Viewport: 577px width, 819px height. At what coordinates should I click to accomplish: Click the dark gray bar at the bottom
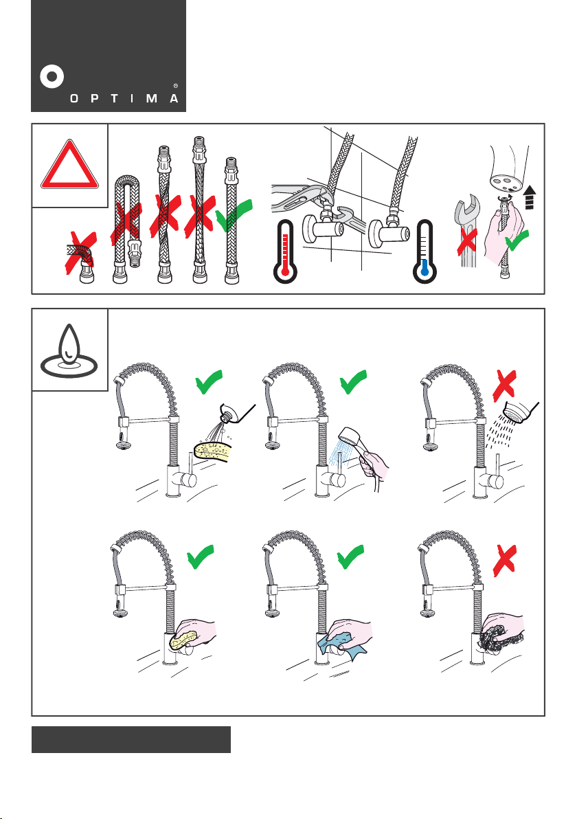[131, 739]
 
